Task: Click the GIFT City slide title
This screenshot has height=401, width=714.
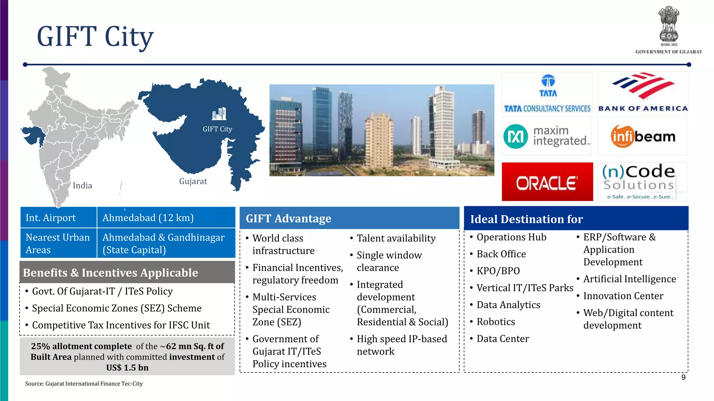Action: pyautogui.click(x=95, y=37)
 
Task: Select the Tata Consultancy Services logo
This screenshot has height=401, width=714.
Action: pyautogui.click(x=547, y=93)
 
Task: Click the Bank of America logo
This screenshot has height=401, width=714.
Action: pyautogui.click(x=643, y=92)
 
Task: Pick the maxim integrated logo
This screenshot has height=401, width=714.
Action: pyautogui.click(x=547, y=136)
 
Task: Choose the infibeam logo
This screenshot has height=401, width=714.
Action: pyautogui.click(x=643, y=136)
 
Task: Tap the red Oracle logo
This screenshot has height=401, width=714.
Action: pyautogui.click(x=547, y=182)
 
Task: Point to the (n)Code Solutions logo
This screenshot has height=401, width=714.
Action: pyautogui.click(x=643, y=182)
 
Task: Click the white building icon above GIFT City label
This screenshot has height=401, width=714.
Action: pyautogui.click(x=219, y=114)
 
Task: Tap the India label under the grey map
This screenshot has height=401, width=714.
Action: pyautogui.click(x=82, y=186)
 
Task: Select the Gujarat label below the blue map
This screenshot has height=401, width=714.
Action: pyautogui.click(x=193, y=181)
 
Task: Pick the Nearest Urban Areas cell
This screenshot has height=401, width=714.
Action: pyautogui.click(x=58, y=243)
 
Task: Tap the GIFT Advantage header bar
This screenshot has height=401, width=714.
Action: pyautogui.click(x=349, y=219)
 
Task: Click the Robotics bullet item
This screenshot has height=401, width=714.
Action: pyautogui.click(x=495, y=322)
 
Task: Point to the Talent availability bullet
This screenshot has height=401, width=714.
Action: pyautogui.click(x=396, y=238)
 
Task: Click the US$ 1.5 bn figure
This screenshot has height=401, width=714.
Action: pyautogui.click(x=127, y=368)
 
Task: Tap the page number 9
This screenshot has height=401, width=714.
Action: pyautogui.click(x=683, y=378)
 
